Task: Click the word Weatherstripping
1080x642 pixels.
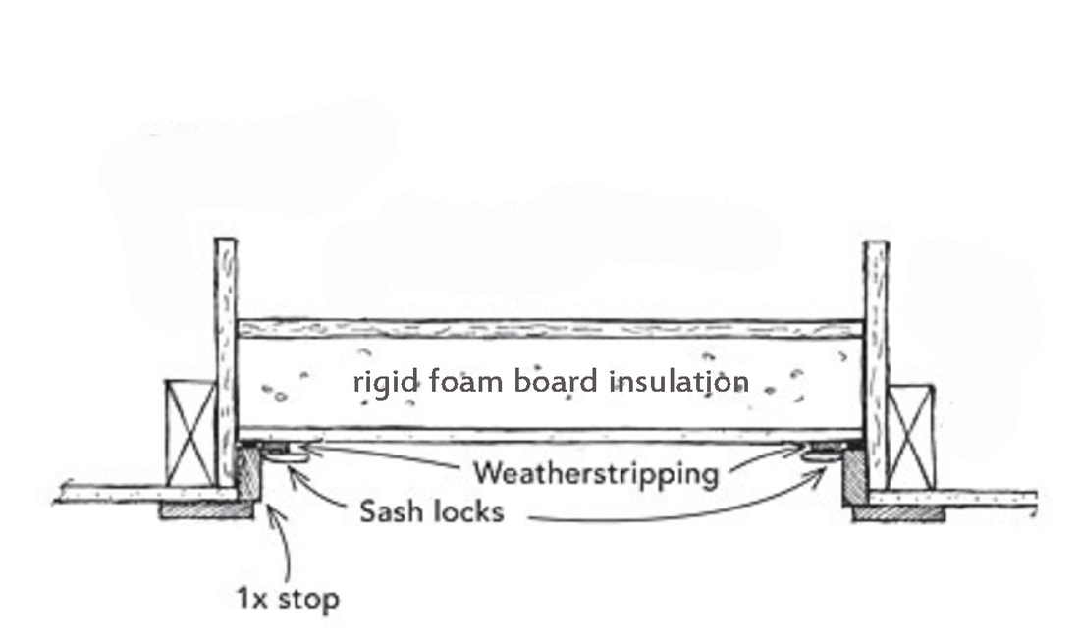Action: (595, 473)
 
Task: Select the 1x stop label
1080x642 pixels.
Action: (288, 597)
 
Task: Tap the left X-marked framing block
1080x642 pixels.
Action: (189, 433)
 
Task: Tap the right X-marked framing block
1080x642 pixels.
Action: (910, 438)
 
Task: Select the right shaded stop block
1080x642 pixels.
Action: (853, 477)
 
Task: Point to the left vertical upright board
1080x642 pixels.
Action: (226, 363)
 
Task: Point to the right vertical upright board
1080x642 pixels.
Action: (876, 363)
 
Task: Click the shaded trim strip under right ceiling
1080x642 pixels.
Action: (898, 512)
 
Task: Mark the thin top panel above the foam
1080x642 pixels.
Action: (550, 329)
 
